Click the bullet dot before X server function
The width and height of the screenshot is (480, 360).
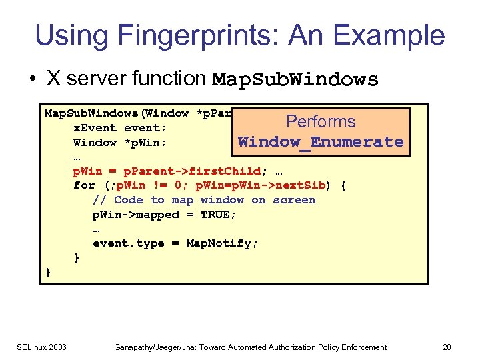pos(32,79)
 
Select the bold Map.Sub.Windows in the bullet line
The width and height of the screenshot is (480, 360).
pos(295,80)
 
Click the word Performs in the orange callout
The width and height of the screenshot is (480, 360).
pos(321,121)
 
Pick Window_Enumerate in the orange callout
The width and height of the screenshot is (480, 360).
pos(321,141)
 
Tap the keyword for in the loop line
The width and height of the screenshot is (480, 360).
pos(84,185)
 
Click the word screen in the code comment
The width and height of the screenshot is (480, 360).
pos(293,200)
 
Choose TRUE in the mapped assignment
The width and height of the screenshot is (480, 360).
pos(219,215)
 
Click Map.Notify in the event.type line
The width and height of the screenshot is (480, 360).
pos(221,243)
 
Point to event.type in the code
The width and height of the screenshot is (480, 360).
pos(128,243)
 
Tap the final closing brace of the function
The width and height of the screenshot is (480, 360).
pos(48,272)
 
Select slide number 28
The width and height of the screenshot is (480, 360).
pos(446,347)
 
